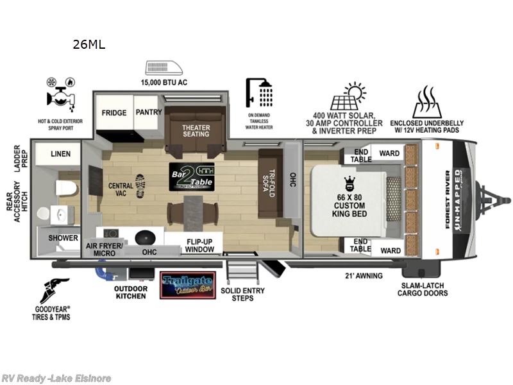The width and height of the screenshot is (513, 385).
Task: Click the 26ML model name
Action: click(x=89, y=44)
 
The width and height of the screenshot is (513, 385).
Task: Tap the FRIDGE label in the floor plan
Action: click(x=114, y=112)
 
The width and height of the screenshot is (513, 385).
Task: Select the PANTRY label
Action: click(x=148, y=112)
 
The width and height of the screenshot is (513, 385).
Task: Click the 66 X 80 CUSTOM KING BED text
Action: click(x=349, y=204)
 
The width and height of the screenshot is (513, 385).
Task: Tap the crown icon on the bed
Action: click(x=349, y=182)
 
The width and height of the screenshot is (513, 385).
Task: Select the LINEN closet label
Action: click(x=60, y=154)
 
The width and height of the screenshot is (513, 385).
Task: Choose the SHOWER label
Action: click(x=62, y=238)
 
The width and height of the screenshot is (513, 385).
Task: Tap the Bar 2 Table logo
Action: click(x=191, y=176)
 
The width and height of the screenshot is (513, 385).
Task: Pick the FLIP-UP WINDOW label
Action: click(x=200, y=246)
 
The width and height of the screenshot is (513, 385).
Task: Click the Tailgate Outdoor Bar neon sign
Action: click(x=187, y=285)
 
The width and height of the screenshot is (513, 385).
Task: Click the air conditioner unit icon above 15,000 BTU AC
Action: click(x=164, y=68)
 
